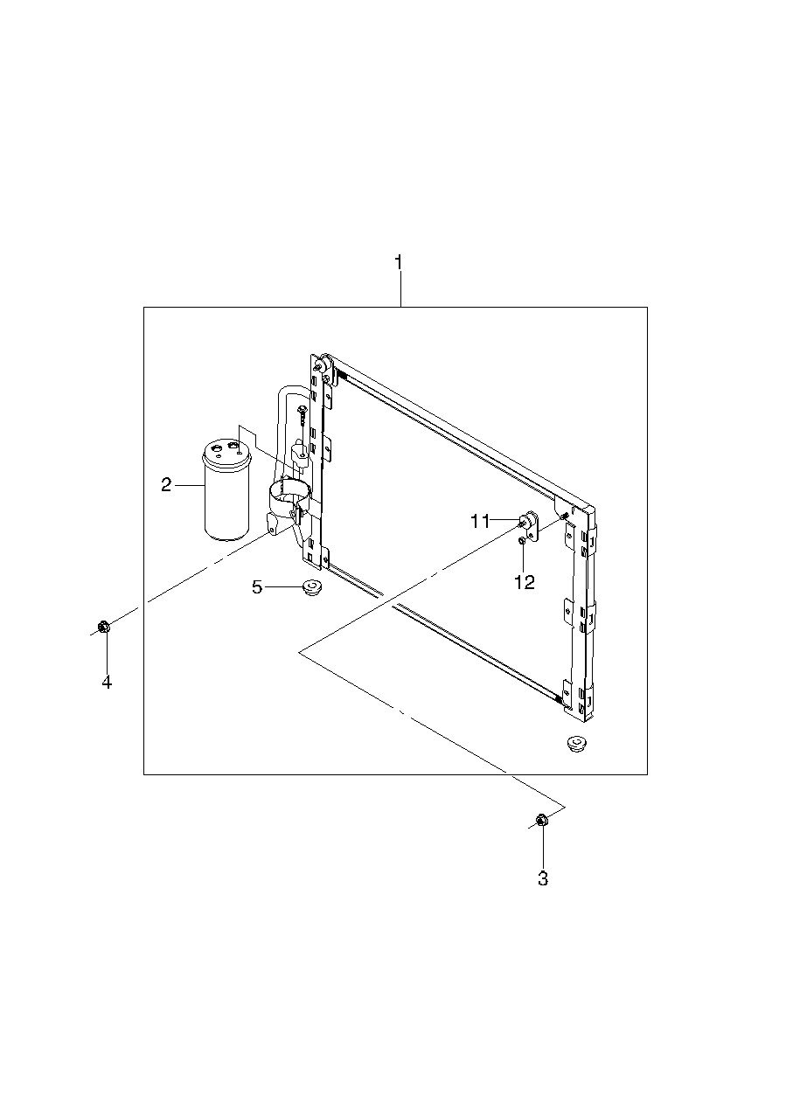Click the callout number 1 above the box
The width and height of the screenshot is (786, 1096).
click(400, 262)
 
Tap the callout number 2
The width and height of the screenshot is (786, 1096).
click(166, 485)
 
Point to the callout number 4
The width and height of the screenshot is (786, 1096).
click(107, 681)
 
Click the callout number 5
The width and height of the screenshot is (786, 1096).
click(257, 586)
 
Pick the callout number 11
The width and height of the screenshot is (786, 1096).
click(480, 522)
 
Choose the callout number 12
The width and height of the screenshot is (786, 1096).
click(525, 582)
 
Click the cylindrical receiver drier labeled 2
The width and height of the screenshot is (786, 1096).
click(227, 489)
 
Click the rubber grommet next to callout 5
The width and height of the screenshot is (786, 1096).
click(310, 586)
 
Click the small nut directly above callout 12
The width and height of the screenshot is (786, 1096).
click(522, 541)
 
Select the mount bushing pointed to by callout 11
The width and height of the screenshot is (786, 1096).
click(529, 520)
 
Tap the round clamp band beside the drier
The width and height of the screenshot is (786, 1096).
click(289, 494)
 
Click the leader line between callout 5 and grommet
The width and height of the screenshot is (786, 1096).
click(283, 586)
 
